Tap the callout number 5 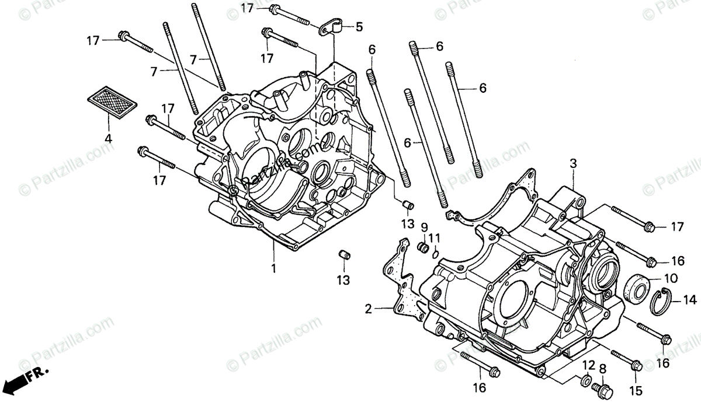coord(359,27)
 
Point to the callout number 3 coord(573,165)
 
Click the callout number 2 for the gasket coord(369,309)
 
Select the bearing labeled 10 coord(635,288)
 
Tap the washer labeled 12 coord(584,382)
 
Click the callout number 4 coord(107,139)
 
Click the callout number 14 coord(690,301)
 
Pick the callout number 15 coord(636,390)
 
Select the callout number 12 coord(588,366)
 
